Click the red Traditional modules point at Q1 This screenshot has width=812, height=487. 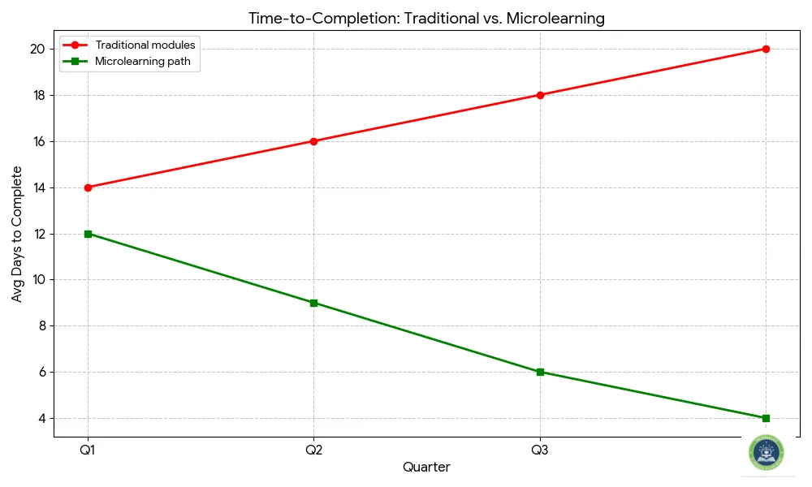pos(88,187)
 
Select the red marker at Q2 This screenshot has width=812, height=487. pos(313,141)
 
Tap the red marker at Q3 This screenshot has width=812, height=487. pos(540,95)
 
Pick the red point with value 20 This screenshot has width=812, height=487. pos(766,49)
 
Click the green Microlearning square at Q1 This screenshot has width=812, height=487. pos(88,234)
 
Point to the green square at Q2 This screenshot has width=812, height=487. pos(313,303)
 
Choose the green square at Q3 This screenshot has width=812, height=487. pos(540,372)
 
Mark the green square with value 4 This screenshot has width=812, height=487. pos(766,418)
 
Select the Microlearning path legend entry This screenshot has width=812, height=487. pos(147,61)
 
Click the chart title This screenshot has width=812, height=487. pos(426,18)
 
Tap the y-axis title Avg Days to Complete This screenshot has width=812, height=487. pos(17,234)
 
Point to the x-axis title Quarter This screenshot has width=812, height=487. pos(426,468)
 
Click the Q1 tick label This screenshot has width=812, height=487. pos(88,450)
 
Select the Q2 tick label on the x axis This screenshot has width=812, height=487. pos(313,450)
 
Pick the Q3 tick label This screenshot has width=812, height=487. pos(540,450)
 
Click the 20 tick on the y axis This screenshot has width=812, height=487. pos(38,49)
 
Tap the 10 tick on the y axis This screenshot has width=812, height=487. pos(38,280)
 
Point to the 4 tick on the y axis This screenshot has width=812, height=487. pos(41,418)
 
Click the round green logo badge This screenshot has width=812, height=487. pos(767,453)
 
